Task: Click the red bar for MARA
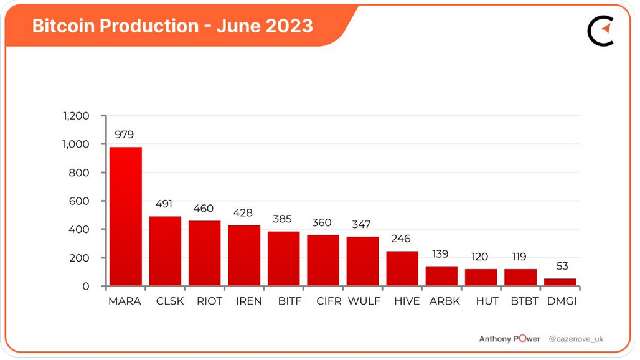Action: pos(125,217)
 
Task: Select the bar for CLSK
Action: pos(165,252)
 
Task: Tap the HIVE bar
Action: pos(402,268)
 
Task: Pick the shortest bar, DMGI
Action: pos(560,282)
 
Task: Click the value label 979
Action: pos(125,135)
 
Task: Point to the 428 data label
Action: pos(243,213)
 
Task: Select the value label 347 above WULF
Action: pos(362,224)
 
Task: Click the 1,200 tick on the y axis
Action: pos(76,116)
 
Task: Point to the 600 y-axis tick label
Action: pos(80,201)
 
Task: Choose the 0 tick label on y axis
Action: pos(86,287)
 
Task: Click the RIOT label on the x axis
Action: pos(209,301)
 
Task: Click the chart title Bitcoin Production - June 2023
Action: pos(172,26)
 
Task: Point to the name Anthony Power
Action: pos(509,339)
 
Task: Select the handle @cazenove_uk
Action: pos(576,339)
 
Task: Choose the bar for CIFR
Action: pos(323,260)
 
